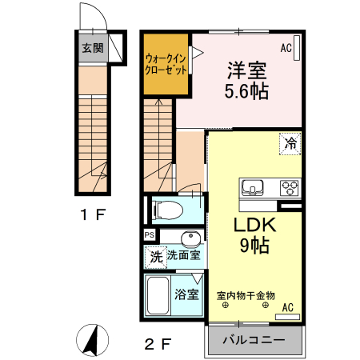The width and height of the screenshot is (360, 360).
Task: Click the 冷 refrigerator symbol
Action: pos(291,144)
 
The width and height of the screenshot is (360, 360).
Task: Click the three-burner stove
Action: pos(289,188)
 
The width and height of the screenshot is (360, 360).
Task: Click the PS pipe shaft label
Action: pos(150,234)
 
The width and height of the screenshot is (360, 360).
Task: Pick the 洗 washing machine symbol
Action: pos(155,257)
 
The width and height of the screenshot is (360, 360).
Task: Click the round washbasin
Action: pos(190,239)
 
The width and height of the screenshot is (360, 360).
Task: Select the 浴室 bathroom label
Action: pos(187,294)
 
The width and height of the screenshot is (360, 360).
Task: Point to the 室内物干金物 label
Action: pos(246,295)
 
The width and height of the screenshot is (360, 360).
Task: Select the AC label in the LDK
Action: pos(287,307)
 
